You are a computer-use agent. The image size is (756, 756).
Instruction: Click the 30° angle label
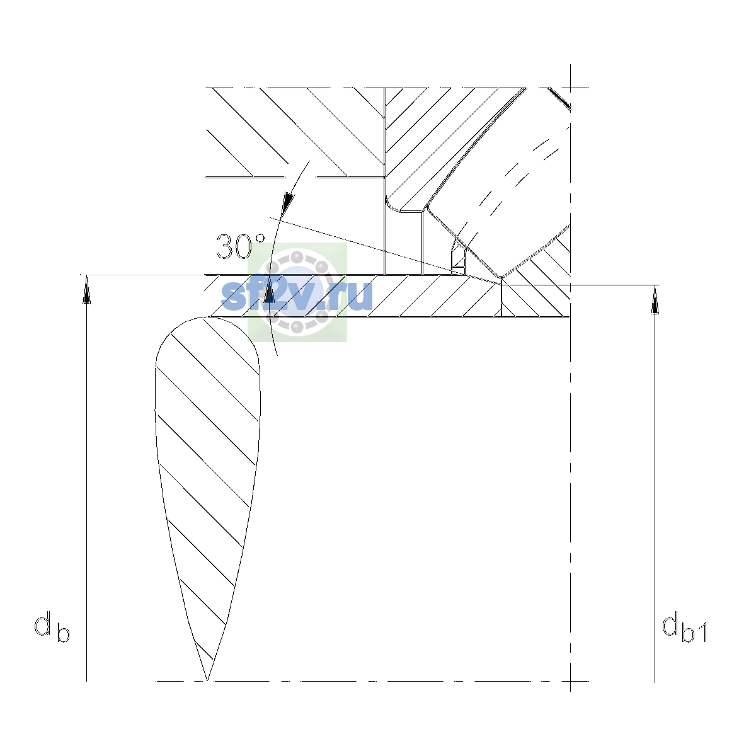click(x=241, y=246)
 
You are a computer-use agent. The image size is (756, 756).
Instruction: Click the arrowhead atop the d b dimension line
click(x=87, y=289)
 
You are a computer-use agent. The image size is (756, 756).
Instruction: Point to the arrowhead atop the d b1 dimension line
click(x=655, y=300)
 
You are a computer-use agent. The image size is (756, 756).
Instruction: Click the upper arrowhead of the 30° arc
click(x=289, y=204)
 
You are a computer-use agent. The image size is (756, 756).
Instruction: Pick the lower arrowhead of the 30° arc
click(x=269, y=288)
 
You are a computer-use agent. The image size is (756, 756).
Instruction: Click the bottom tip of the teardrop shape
click(x=207, y=680)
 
